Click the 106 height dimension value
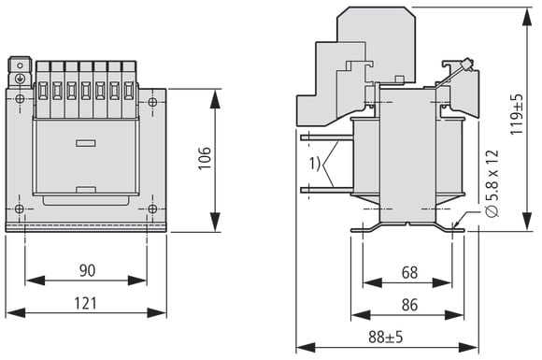[x=205, y=158]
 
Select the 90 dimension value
[x=87, y=270]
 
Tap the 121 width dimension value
[x=86, y=303]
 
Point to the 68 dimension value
[x=409, y=272]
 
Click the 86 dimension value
[x=409, y=305]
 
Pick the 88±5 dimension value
[x=386, y=337]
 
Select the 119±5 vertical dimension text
[x=518, y=114]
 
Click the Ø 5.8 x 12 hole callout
[x=492, y=183]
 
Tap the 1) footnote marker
[x=315, y=164]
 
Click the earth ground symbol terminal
[x=20, y=79]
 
